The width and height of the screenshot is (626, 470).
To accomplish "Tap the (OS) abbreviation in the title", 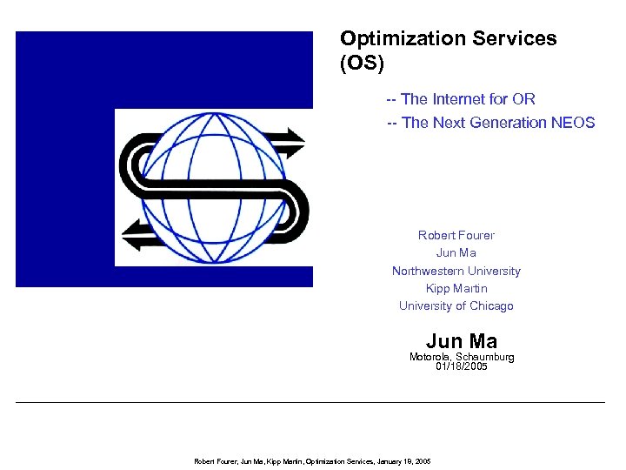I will click(x=362, y=64).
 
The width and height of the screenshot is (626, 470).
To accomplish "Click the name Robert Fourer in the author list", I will click(x=456, y=235).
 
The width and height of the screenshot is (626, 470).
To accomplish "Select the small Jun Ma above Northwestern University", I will click(x=456, y=253).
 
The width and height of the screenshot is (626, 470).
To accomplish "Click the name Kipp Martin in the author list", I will click(x=456, y=288).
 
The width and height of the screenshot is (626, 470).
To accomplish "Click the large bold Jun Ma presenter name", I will click(x=462, y=341).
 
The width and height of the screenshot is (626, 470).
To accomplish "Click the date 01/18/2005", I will click(x=462, y=366).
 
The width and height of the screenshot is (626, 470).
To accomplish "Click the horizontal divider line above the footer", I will click(x=310, y=402).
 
